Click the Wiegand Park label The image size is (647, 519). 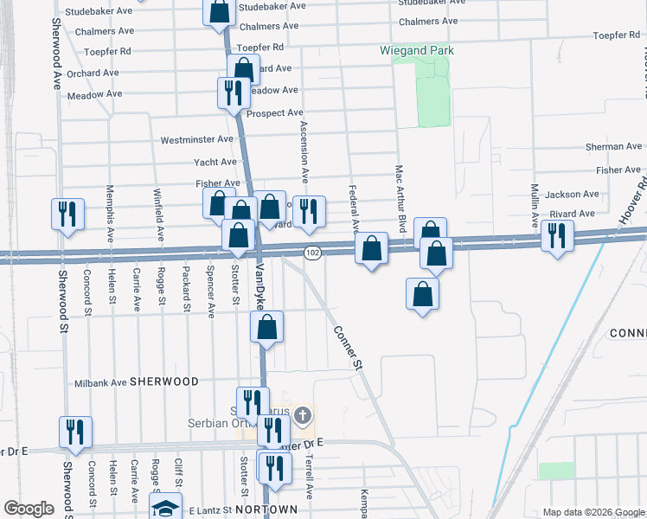coord(417,50)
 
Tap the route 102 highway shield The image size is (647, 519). coord(313,253)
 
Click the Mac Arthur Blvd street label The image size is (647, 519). coord(400,198)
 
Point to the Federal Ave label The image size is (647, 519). coord(353,208)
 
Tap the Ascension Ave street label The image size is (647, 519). coord(304,151)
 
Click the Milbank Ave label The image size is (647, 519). coord(101,381)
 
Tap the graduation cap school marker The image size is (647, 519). coord(165,508)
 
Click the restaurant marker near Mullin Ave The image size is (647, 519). coord(557,234)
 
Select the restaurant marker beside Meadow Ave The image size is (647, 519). coord(233,92)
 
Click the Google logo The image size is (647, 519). coord(29,509)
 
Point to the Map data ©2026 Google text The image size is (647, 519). coord(593,512)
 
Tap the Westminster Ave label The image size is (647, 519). coord(197,139)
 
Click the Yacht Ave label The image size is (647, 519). coord(215,162)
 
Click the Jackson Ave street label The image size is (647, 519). coord(572,195)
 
